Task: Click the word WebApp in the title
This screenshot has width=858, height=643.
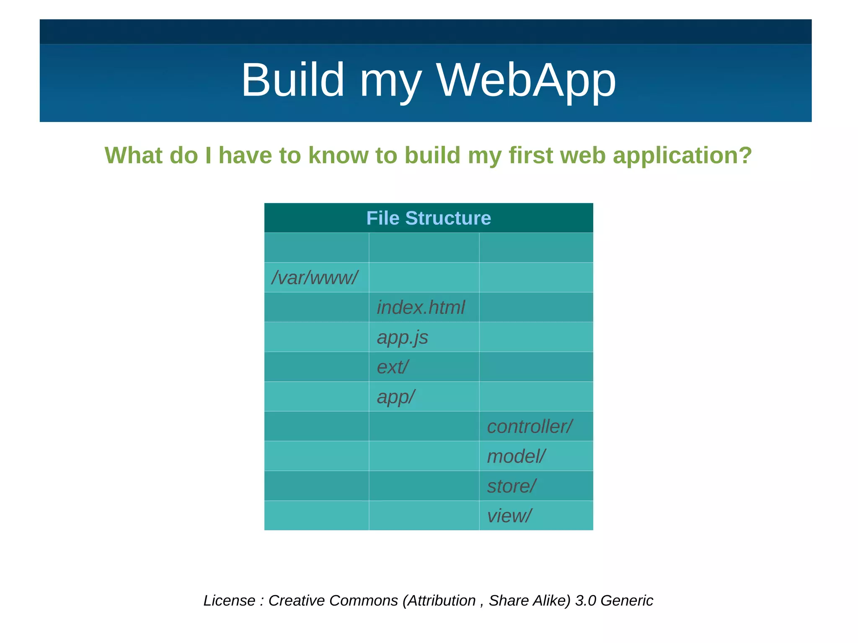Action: [x=526, y=80]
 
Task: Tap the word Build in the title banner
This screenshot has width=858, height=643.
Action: [x=292, y=80]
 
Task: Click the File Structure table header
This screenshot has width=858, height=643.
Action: [x=429, y=218]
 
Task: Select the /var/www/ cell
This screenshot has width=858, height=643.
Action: [x=315, y=278]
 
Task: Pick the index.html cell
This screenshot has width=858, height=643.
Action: [x=421, y=307]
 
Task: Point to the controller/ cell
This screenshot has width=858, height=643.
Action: [x=529, y=426]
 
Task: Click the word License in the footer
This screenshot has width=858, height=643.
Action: [x=229, y=601]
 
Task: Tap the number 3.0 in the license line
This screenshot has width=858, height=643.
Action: [x=585, y=601]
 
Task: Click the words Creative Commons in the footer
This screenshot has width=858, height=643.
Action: [x=333, y=601]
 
